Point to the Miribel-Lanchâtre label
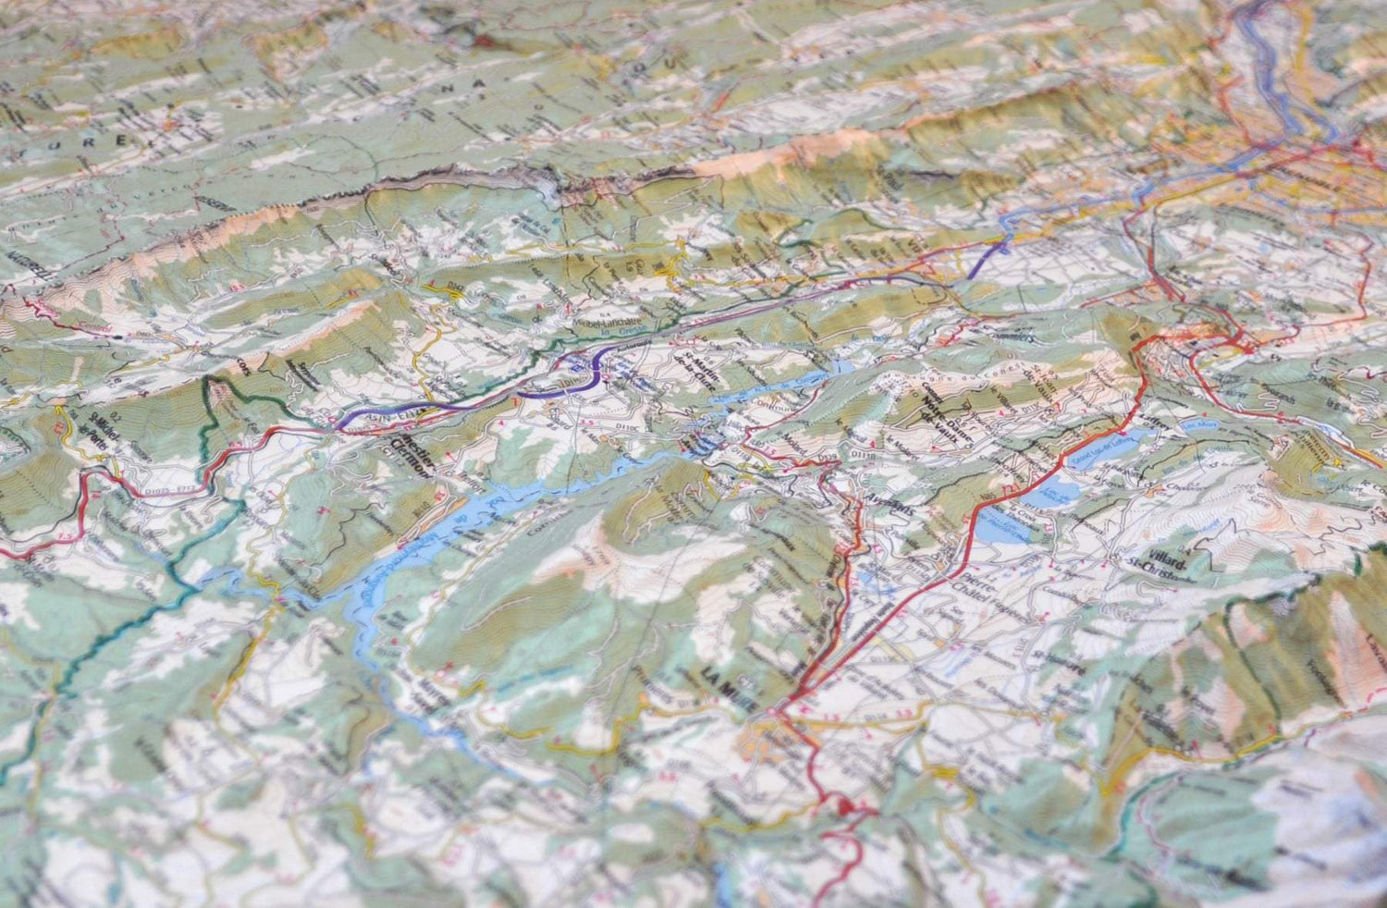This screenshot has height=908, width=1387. (608, 325)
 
